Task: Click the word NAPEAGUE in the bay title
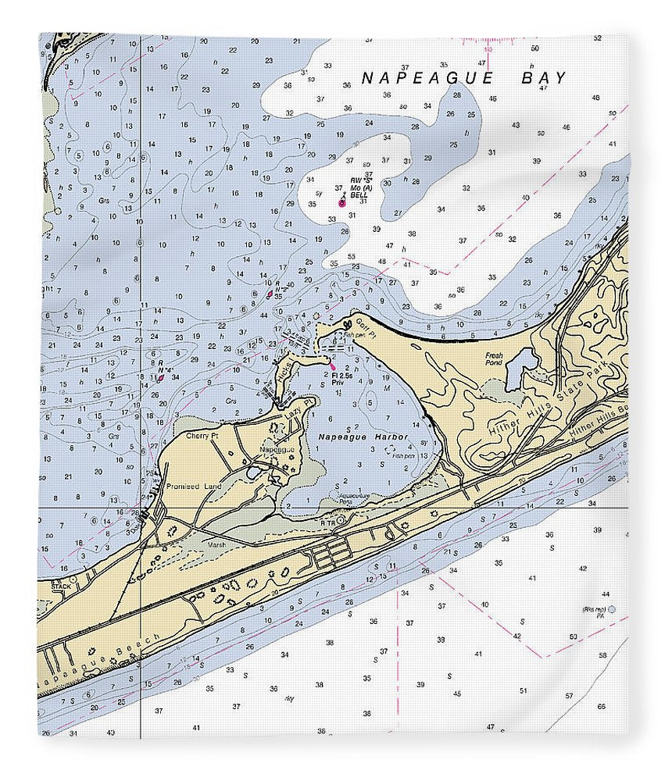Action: (427, 77)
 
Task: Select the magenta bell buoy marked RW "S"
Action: (341, 202)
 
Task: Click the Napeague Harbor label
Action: (358, 436)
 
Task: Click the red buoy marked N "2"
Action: (270, 294)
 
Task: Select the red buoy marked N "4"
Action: (160, 377)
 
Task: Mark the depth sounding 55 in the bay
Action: (352, 256)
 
